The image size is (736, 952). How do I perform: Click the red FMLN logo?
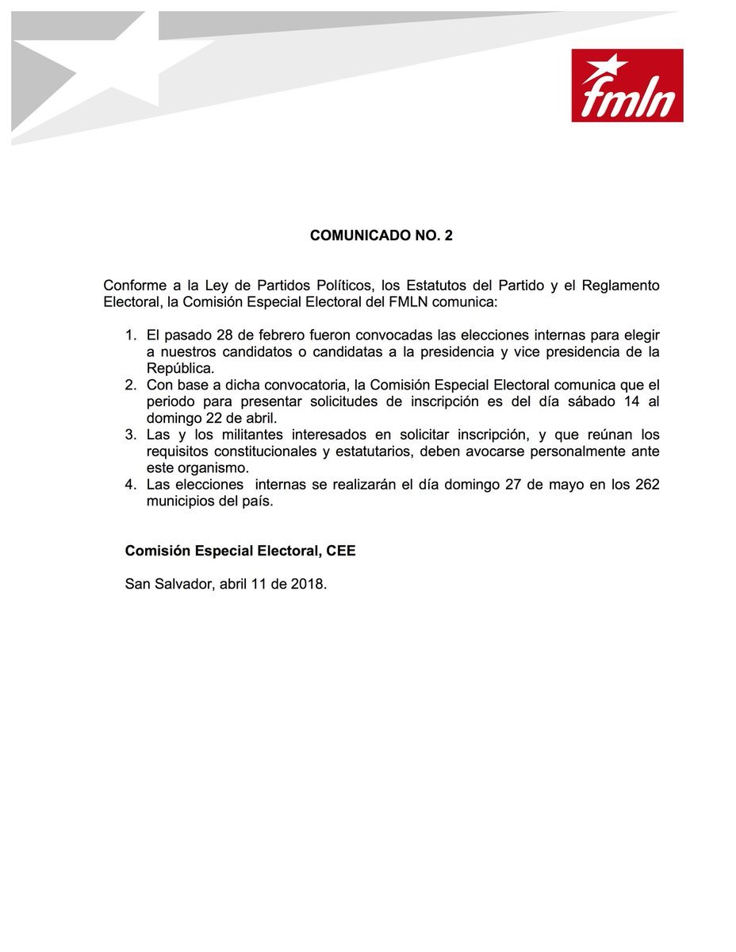click(627, 86)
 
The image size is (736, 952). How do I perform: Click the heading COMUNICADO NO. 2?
click(381, 236)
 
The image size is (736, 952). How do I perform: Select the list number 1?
click(132, 335)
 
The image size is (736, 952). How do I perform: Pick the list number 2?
click(132, 385)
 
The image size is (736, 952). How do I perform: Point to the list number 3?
click(132, 435)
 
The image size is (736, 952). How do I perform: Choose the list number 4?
click(132, 485)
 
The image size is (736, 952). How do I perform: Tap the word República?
click(180, 368)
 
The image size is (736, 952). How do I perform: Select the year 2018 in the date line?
click(307, 584)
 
